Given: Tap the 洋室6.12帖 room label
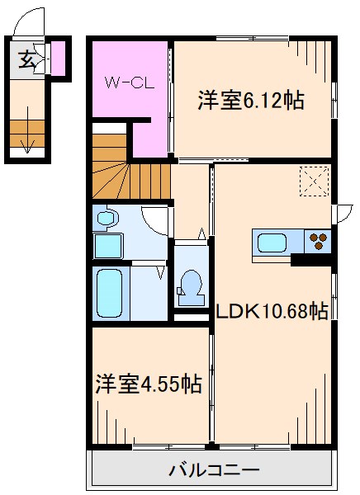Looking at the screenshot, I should click(x=250, y=101).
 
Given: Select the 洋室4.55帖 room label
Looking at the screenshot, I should click(x=148, y=384).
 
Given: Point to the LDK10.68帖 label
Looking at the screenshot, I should click(x=272, y=311).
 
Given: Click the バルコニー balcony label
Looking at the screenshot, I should click(x=215, y=470).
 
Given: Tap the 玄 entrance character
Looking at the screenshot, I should click(x=26, y=59).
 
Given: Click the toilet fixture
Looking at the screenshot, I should click(x=190, y=285).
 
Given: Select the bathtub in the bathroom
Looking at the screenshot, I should click(x=110, y=294).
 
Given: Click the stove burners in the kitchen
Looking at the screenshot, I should click(x=318, y=242).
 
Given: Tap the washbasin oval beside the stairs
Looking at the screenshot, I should click(x=106, y=219).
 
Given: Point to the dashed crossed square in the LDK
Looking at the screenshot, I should click(x=314, y=181).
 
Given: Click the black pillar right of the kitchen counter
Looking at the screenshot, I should click(x=312, y=259).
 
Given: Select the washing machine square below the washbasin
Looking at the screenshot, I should click(x=106, y=246).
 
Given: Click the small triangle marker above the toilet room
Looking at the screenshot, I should click(x=201, y=233).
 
